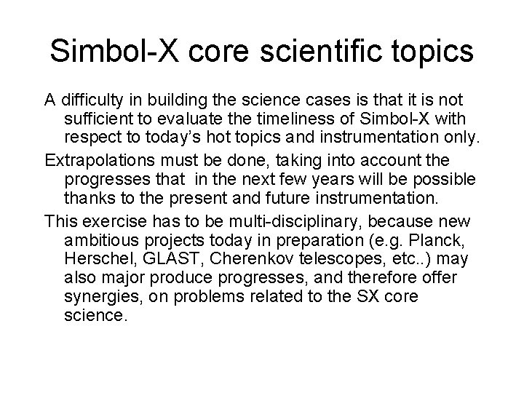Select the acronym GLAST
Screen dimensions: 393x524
(x=161, y=259)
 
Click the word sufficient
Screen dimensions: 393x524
(x=95, y=118)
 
